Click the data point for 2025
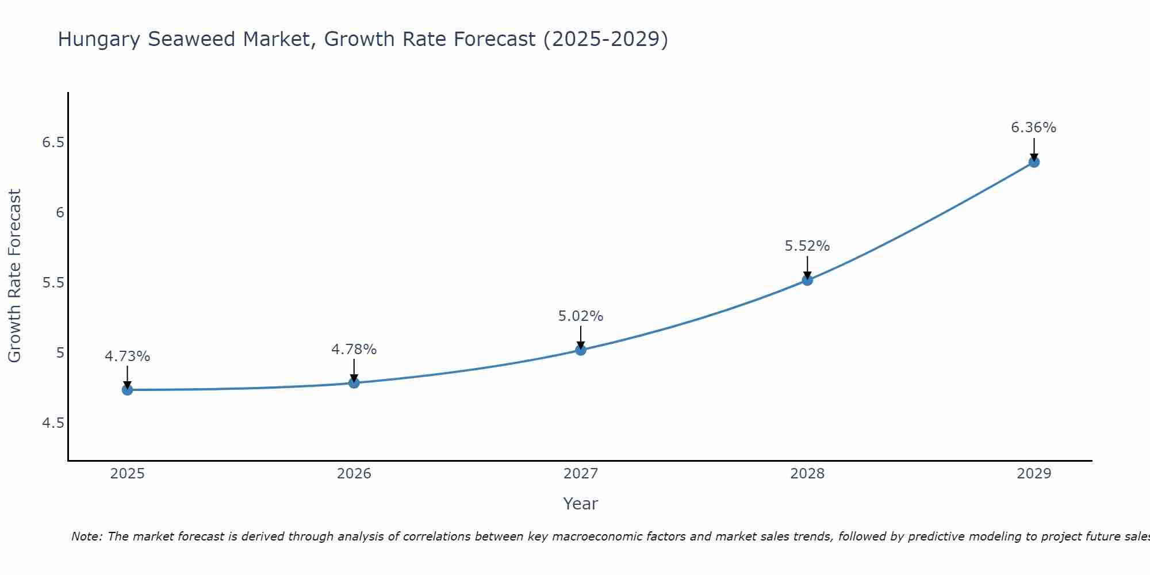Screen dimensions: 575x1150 click(x=127, y=390)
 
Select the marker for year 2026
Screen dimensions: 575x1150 click(x=354, y=382)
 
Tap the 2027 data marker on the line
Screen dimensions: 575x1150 click(x=580, y=350)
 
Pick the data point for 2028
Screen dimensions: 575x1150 click(x=807, y=280)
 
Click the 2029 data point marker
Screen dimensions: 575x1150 click(x=1033, y=162)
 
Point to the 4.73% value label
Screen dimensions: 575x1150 click(x=127, y=356)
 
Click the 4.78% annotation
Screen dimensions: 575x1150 click(x=354, y=350)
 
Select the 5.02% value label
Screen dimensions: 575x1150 click(x=580, y=316)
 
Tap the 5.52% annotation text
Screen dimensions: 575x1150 click(x=807, y=246)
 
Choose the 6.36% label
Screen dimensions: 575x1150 click(x=1033, y=128)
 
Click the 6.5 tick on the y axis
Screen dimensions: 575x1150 click(x=53, y=143)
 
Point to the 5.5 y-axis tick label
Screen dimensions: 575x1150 click(x=53, y=283)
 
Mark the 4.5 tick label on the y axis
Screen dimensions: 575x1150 click(x=53, y=423)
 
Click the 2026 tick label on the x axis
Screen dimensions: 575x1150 click(x=354, y=474)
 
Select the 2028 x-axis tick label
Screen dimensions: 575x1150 click(x=807, y=474)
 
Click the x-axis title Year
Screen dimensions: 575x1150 click(x=580, y=504)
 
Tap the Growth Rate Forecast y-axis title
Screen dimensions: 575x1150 click(x=14, y=276)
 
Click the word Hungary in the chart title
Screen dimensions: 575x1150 click(x=99, y=40)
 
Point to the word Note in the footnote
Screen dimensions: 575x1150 click(x=86, y=536)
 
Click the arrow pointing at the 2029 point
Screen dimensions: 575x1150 click(x=1033, y=148)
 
